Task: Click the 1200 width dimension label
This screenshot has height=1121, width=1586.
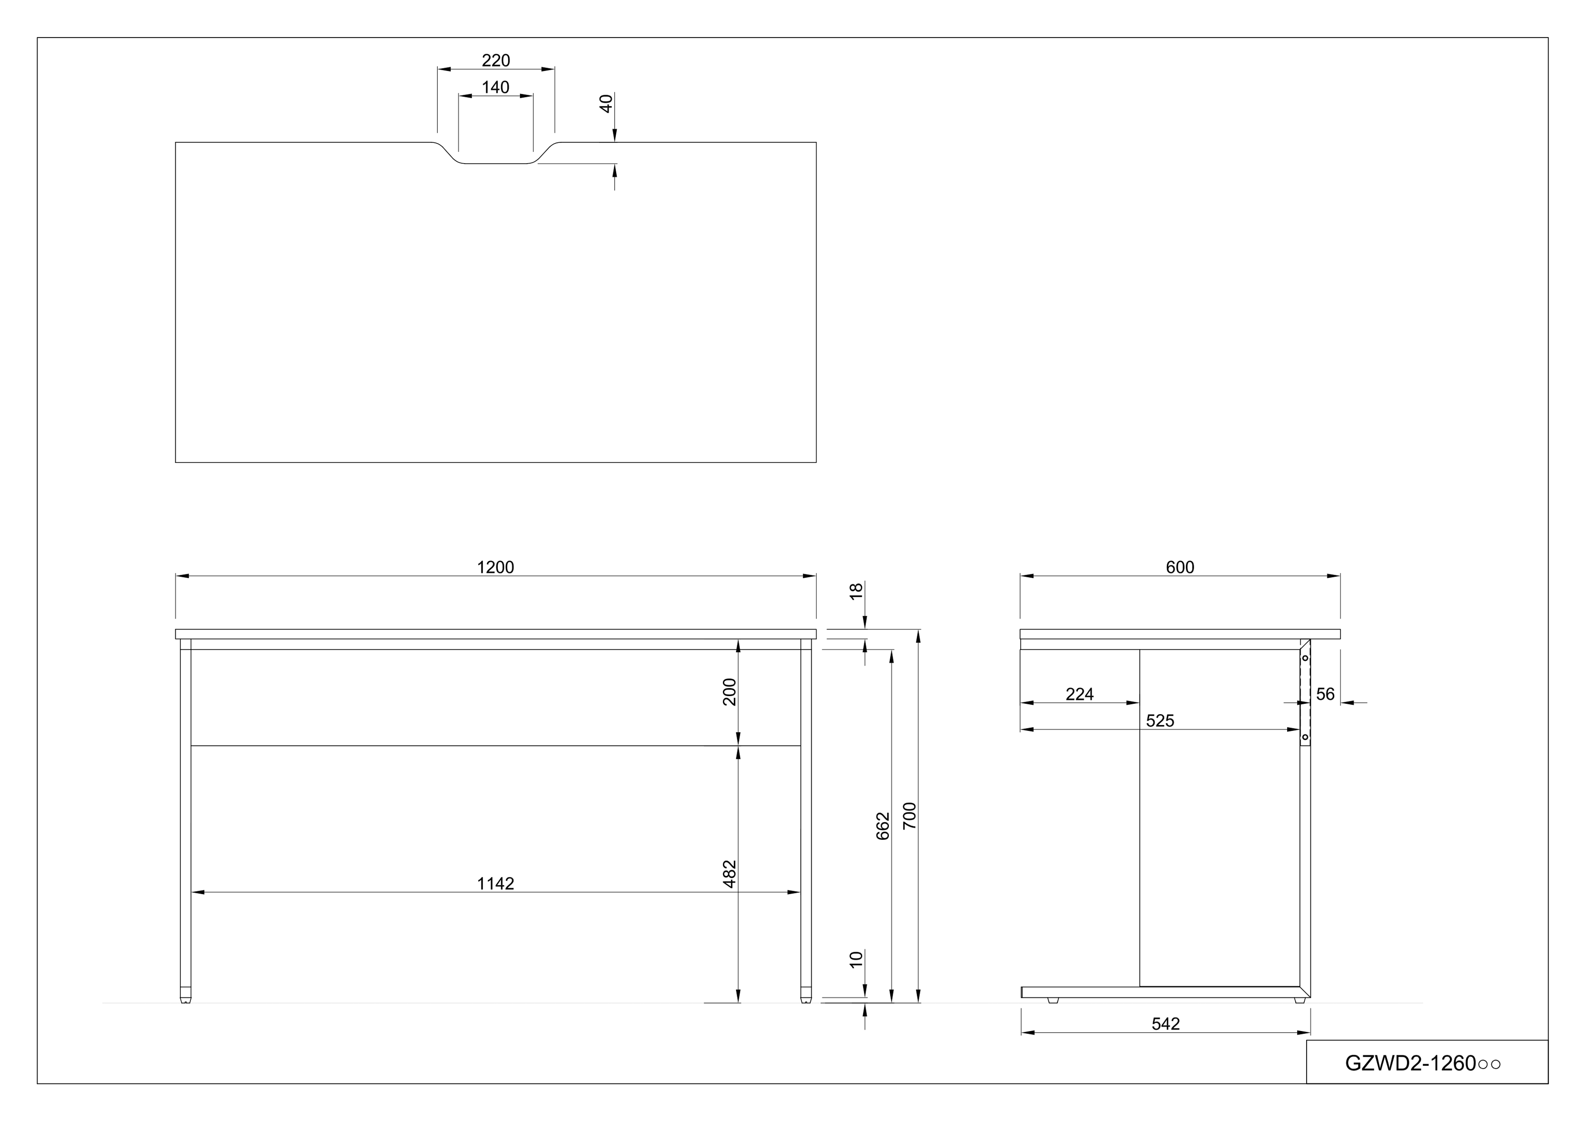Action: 495,567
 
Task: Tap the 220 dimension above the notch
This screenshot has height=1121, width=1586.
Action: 495,61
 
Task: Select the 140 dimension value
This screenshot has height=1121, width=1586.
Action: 495,88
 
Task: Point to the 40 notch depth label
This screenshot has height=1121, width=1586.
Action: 606,104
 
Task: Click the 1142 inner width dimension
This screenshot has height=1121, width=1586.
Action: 495,884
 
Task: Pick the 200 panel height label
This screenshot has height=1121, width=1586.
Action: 729,692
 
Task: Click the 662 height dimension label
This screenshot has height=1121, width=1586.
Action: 883,826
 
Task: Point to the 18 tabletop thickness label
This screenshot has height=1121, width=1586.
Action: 856,591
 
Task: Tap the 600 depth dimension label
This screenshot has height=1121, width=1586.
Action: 1180,567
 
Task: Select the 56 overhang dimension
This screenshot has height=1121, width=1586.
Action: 1325,694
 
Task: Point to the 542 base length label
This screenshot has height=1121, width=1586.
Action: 1165,1024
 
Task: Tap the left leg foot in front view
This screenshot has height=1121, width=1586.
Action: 185,999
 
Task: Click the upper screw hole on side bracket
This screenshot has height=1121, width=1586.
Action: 1305,658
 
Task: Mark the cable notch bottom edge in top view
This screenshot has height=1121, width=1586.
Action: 495,164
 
